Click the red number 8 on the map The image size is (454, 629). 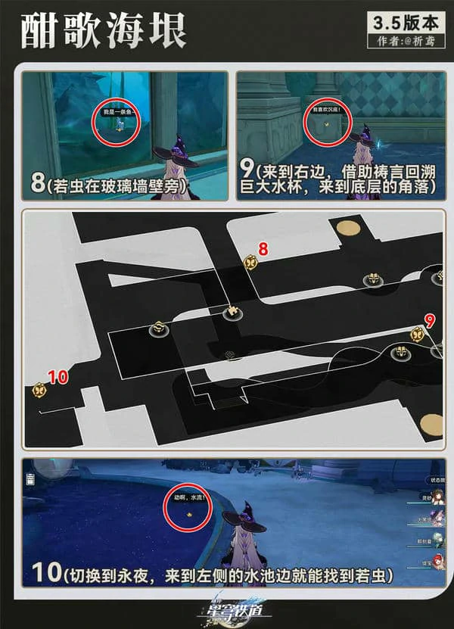263,248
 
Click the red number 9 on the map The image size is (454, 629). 430,320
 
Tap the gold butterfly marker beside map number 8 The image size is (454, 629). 250,262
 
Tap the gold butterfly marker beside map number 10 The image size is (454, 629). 39,391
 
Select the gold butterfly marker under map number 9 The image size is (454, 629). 416,333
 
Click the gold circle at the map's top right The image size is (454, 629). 347,228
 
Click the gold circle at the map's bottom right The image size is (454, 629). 432,424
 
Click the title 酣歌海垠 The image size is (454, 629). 101,31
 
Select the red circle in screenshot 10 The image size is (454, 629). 188,511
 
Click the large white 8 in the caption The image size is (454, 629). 36,185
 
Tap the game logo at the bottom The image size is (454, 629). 227,609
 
